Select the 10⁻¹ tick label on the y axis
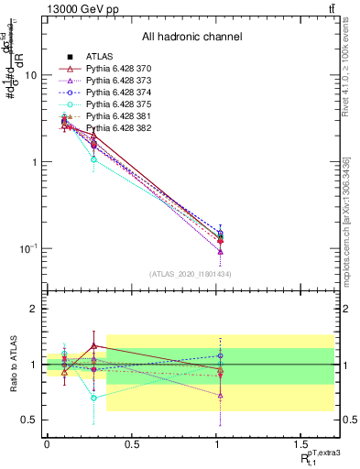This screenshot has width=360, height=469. [x=28, y=248]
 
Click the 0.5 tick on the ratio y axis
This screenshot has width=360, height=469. [x=30, y=420]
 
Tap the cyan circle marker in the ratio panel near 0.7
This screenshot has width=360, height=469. [x=93, y=398]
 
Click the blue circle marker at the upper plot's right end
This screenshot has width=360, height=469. [x=220, y=234]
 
